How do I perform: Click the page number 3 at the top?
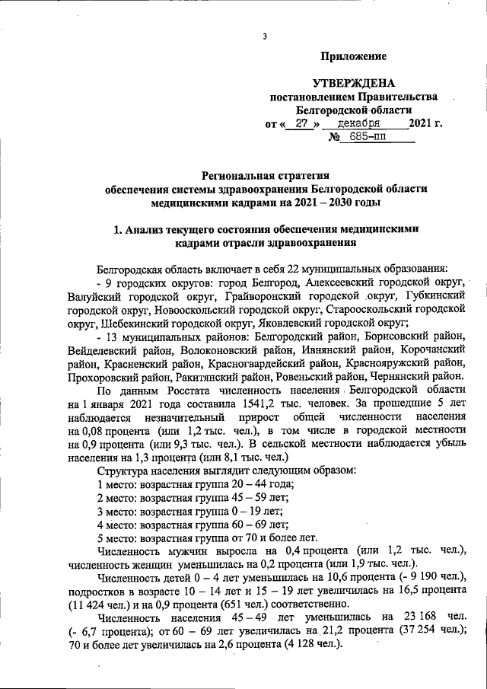point(264,37)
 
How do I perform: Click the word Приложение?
point(354,56)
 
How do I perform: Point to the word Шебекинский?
point(129,322)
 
